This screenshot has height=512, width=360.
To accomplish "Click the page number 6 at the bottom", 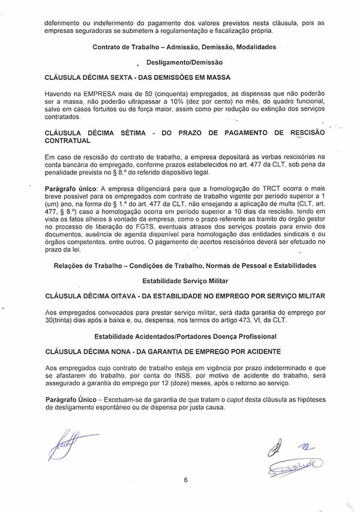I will click(186, 480).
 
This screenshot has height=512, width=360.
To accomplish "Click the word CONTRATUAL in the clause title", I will click(68, 140).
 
